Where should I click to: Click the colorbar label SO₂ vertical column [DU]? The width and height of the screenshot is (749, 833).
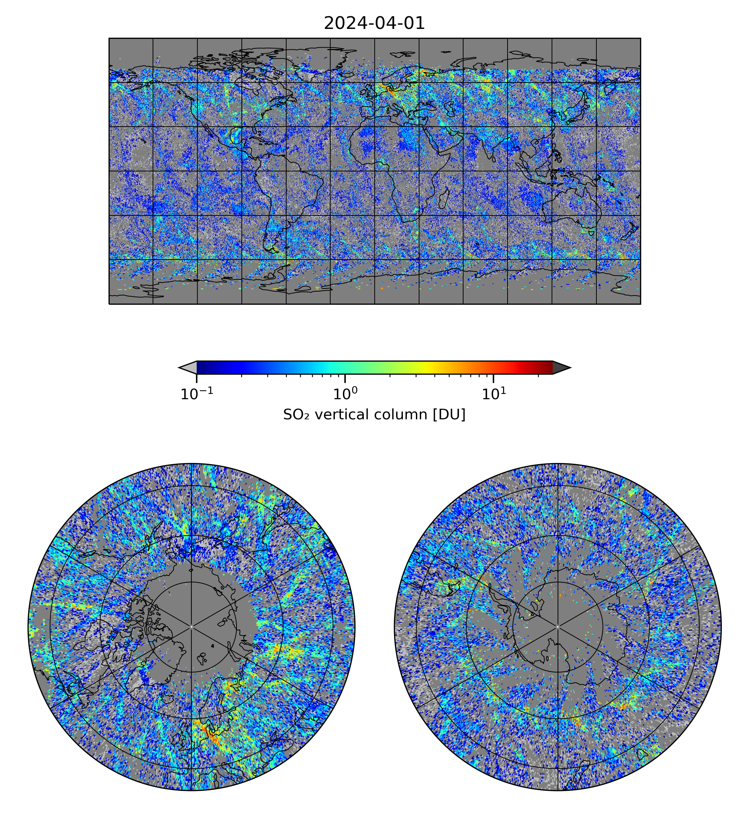tap(374, 415)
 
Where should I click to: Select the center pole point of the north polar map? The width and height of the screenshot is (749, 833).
tap(191, 627)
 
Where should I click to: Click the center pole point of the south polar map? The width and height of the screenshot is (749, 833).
tap(558, 627)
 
